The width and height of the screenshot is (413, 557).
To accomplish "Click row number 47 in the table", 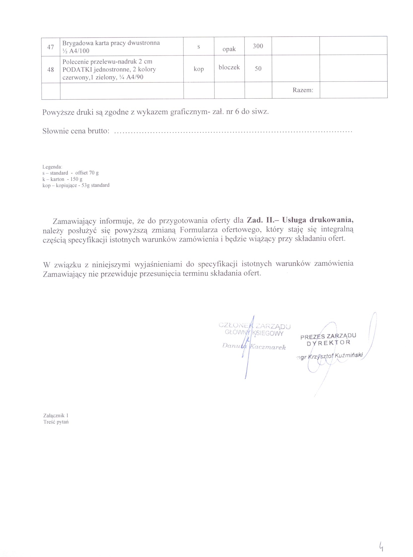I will [x=50, y=47].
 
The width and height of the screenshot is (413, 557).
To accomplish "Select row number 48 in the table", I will [x=50, y=70].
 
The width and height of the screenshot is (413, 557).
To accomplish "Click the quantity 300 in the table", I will [x=258, y=46].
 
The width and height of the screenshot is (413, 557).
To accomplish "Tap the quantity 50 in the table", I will [x=258, y=69].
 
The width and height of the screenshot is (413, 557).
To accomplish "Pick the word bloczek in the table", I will [x=229, y=67].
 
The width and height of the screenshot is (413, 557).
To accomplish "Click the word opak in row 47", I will [x=229, y=49].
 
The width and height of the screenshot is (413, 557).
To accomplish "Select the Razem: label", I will [x=303, y=90].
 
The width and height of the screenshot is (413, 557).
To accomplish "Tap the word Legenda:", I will [x=52, y=167].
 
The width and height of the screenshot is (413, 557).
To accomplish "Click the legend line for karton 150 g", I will [x=62, y=179].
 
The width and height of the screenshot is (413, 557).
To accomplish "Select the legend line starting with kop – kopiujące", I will [x=76, y=185].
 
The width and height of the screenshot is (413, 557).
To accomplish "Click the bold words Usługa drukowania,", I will [x=317, y=220].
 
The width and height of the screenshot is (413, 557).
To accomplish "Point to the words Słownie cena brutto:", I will [x=76, y=131].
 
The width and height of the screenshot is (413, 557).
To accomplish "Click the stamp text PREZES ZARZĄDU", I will [x=328, y=336].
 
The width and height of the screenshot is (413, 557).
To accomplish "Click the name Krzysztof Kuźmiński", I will [x=335, y=356].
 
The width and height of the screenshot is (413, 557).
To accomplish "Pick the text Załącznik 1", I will [x=56, y=416].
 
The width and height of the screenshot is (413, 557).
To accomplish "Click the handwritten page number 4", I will [x=381, y=547].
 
